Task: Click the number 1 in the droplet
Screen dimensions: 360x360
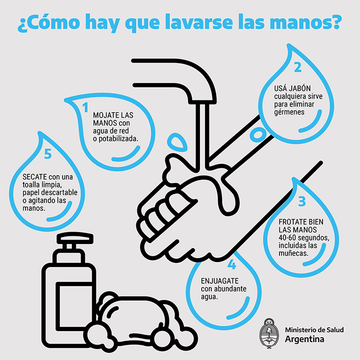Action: click(86, 108)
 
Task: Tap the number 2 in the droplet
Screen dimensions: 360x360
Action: click(297, 67)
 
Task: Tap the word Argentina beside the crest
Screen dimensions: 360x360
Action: click(305, 339)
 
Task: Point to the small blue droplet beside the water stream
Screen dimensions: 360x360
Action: click(177, 141)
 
